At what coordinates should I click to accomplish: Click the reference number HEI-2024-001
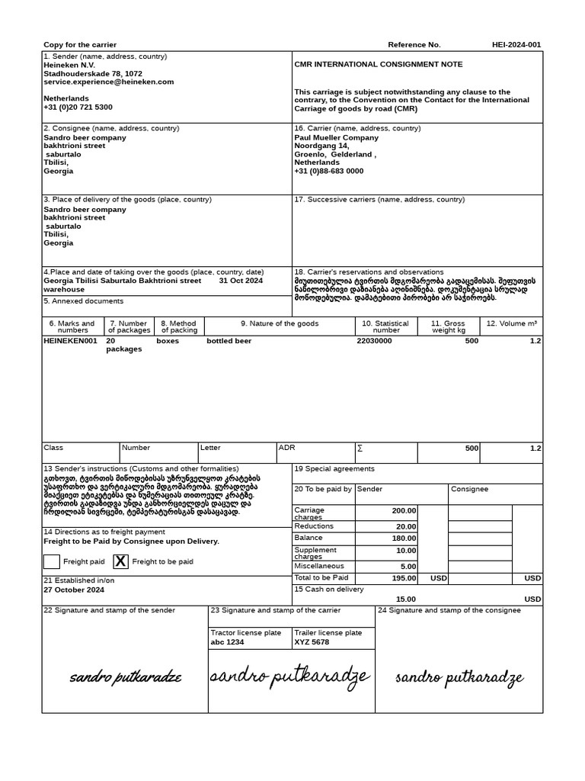click(x=516, y=44)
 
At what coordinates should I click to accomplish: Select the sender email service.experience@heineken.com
click(x=108, y=82)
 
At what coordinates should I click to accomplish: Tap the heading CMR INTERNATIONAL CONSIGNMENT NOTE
click(x=378, y=65)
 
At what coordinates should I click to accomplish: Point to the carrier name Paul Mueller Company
click(x=336, y=138)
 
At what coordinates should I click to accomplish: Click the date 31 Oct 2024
click(x=241, y=281)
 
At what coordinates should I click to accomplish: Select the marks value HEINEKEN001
click(x=70, y=341)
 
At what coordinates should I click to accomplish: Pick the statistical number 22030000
click(x=374, y=341)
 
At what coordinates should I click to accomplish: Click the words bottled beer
click(x=229, y=341)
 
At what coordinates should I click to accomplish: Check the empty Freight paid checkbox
click(x=52, y=561)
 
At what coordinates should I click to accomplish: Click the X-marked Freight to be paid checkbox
click(x=120, y=561)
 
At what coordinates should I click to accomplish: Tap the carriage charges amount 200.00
click(x=404, y=511)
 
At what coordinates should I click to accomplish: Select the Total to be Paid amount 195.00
click(x=404, y=578)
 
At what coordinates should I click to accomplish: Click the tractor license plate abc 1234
click(x=227, y=642)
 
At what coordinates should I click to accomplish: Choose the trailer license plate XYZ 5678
click(x=312, y=642)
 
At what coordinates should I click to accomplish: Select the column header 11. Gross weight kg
click(x=448, y=326)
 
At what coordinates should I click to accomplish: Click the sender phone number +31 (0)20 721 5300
click(x=78, y=108)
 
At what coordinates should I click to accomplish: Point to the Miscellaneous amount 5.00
click(x=408, y=567)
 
